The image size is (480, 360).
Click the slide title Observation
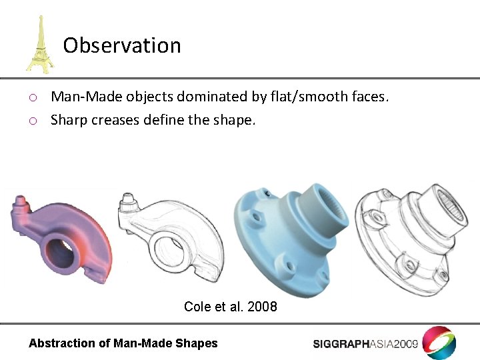point(122,45)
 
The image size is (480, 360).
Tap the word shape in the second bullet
point(235,120)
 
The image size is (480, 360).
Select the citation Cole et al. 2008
point(230,307)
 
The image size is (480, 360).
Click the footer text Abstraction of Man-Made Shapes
point(123,343)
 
